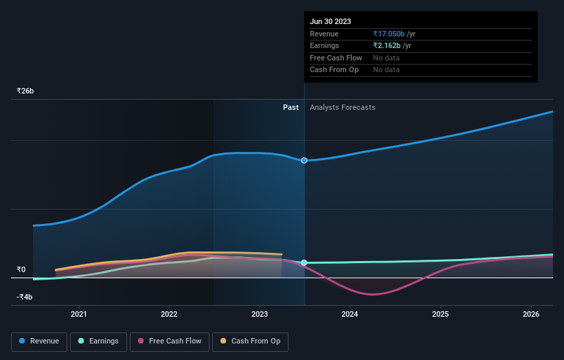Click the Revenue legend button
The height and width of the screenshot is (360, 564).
39,341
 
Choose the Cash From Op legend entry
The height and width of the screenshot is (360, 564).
251,341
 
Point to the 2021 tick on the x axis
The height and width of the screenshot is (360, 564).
79,315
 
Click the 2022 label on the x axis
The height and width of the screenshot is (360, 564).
169,315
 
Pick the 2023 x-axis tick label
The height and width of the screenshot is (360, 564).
260,315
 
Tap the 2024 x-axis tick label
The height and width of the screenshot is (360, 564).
350,315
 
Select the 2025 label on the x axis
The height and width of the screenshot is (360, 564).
440,315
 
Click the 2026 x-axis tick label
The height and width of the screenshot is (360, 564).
530,315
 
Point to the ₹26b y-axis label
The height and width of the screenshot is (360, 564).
25,91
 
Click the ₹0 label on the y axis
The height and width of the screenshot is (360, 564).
21,269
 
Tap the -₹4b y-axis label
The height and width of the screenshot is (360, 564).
25,297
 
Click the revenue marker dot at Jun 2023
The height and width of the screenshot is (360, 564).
304,160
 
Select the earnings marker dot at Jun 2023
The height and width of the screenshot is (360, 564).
304,262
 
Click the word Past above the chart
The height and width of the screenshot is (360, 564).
291,107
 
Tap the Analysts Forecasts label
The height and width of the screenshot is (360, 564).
342,107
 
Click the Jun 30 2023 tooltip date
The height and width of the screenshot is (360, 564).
330,21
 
